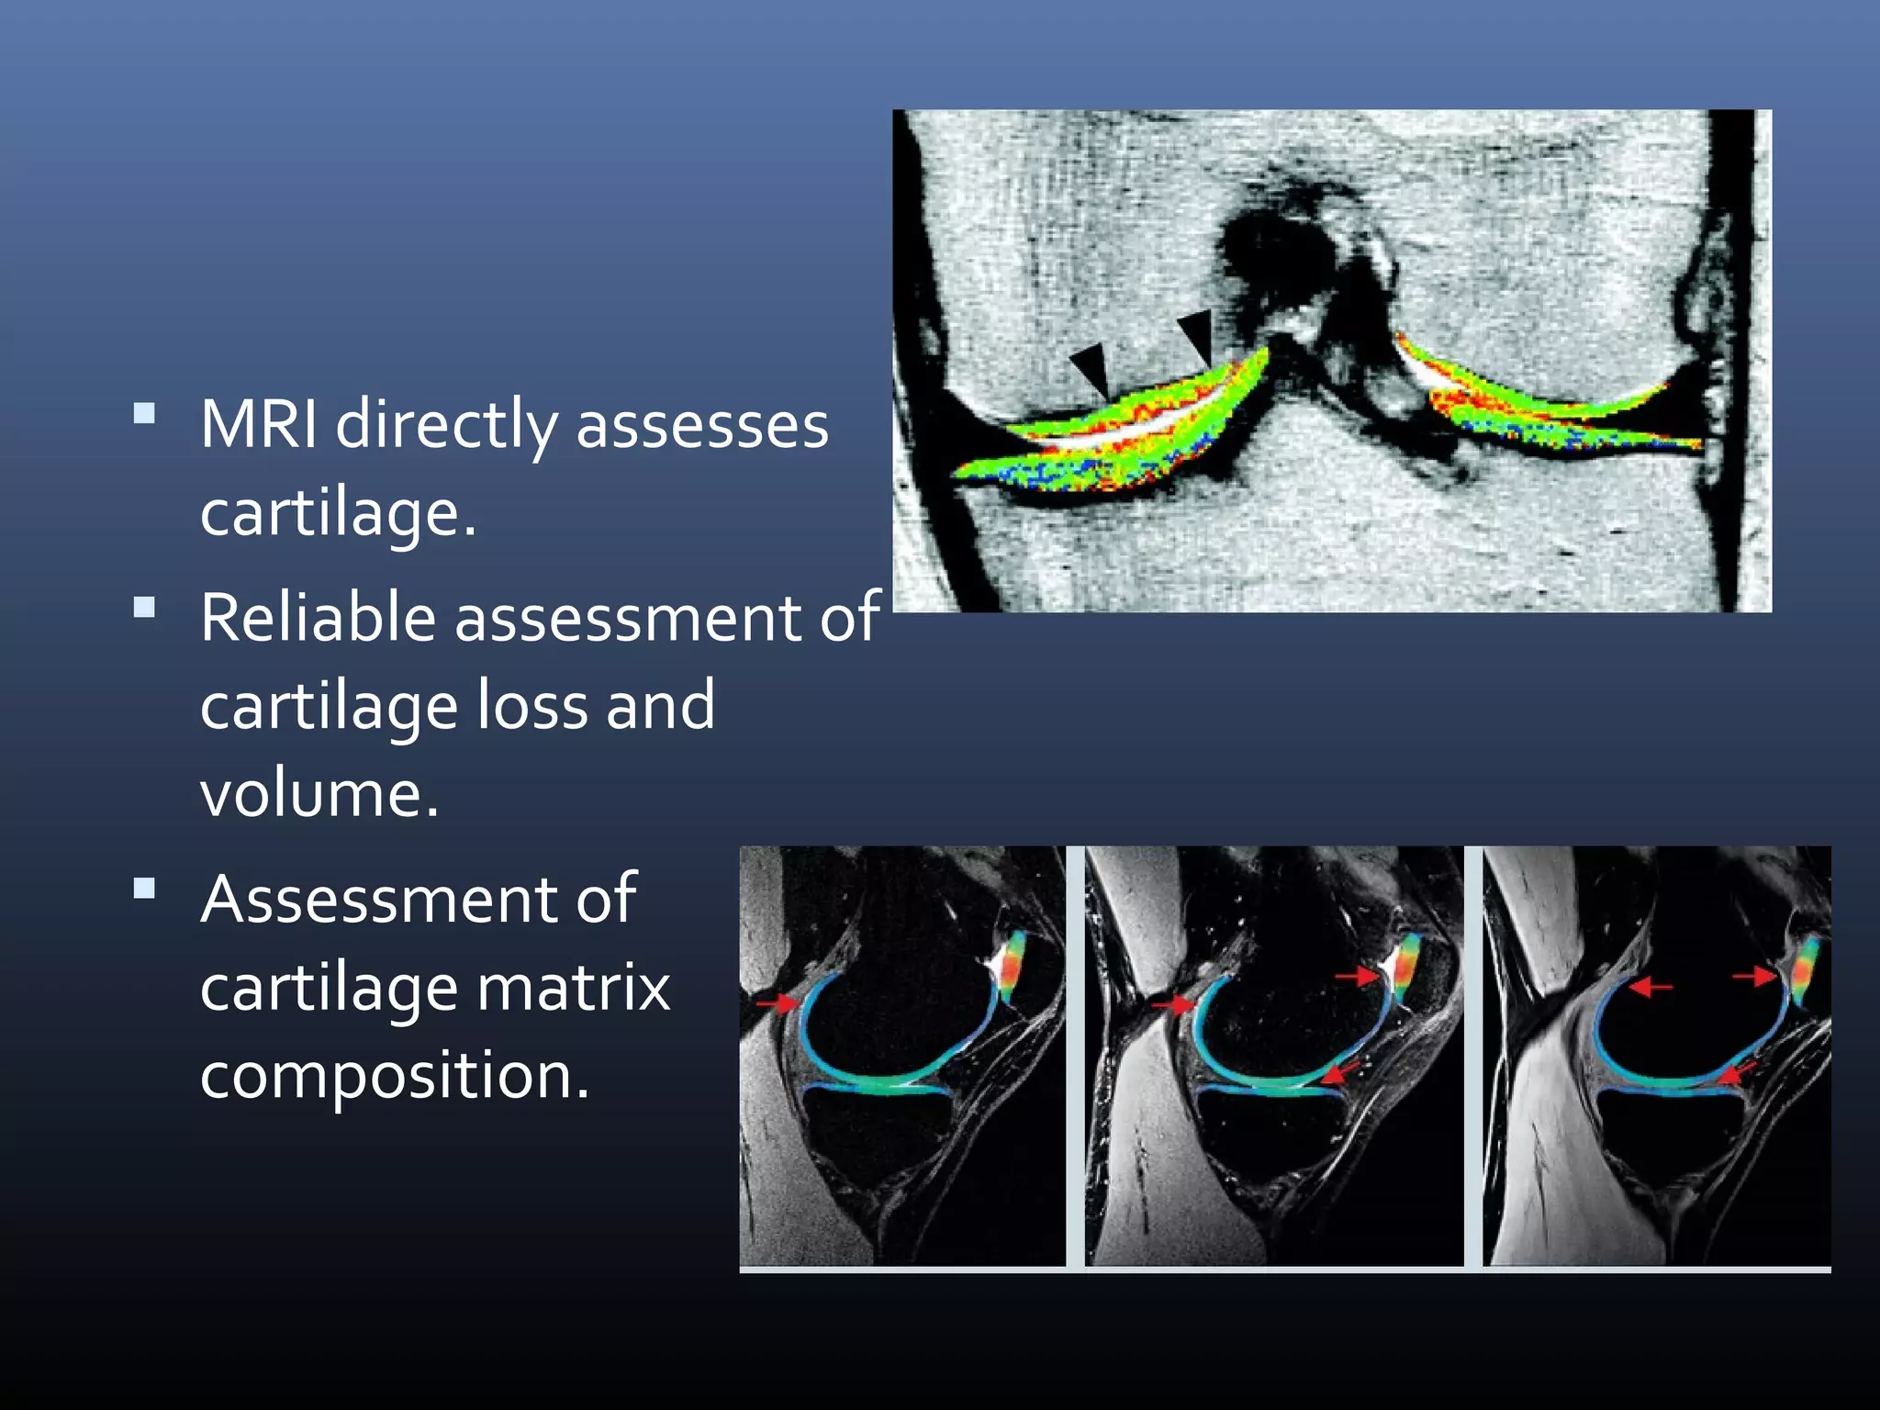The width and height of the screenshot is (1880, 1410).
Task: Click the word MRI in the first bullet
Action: [x=259, y=425]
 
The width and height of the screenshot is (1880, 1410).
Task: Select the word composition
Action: [x=394, y=1076]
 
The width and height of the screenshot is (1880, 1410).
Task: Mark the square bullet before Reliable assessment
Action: [x=144, y=607]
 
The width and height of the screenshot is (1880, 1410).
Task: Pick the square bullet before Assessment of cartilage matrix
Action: [x=144, y=888]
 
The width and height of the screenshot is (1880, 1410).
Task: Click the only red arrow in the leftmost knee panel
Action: [x=777, y=1003]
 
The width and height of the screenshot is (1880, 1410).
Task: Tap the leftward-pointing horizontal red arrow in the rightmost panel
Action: [x=1650, y=987]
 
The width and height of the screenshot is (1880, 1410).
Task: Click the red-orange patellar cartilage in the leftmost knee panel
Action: [x=1013, y=968]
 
